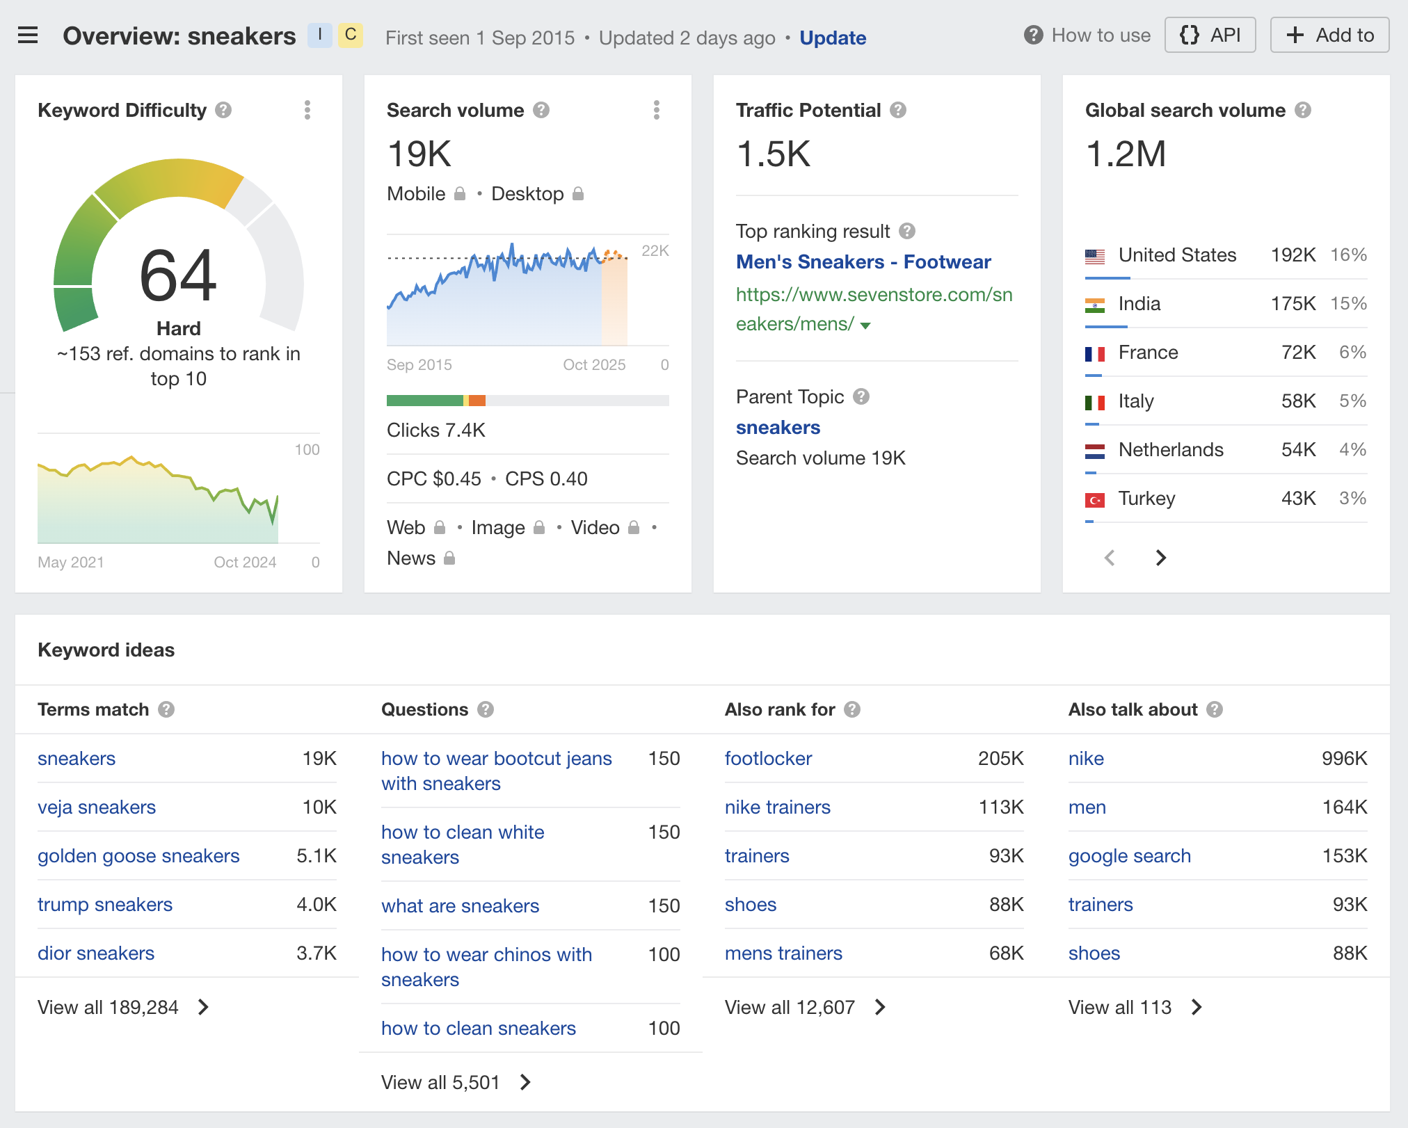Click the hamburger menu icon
coord(28,35)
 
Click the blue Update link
coord(832,38)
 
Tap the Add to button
coord(1329,35)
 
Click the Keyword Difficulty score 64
coord(178,276)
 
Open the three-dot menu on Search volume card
coord(656,110)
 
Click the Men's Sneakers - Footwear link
coord(863,261)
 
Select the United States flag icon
coord(1094,256)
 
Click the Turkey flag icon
coord(1094,499)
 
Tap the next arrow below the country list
coord(1160,558)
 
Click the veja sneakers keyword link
coord(97,807)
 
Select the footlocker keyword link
coord(768,758)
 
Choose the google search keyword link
coord(1129,855)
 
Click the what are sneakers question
coord(460,905)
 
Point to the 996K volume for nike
coord(1344,758)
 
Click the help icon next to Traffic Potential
coord(898,110)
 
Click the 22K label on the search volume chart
coord(655,250)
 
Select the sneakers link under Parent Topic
coord(778,427)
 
